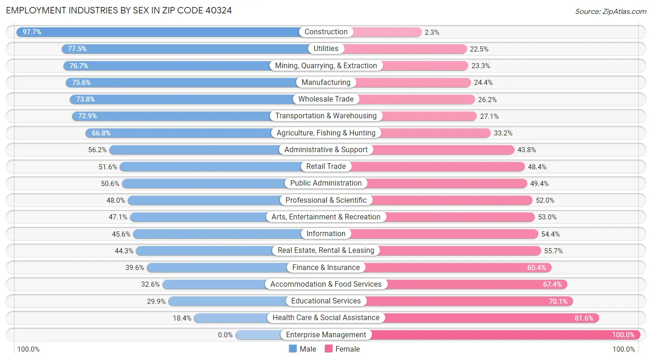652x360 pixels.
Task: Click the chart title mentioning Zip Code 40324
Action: pyautogui.click(x=119, y=10)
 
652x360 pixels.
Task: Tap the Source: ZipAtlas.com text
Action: pyautogui.click(x=610, y=11)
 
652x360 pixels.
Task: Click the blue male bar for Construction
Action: pyautogui.click(x=162, y=32)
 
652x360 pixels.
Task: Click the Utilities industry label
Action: pyautogui.click(x=326, y=49)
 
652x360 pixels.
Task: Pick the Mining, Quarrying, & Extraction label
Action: pyautogui.click(x=326, y=65)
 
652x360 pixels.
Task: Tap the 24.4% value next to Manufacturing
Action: pyautogui.click(x=483, y=83)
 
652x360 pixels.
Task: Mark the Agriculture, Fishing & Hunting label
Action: pyautogui.click(x=326, y=133)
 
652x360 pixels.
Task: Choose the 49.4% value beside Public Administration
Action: pyautogui.click(x=539, y=184)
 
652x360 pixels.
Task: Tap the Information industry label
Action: pyautogui.click(x=326, y=234)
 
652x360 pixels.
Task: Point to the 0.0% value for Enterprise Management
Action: pyautogui.click(x=225, y=335)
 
